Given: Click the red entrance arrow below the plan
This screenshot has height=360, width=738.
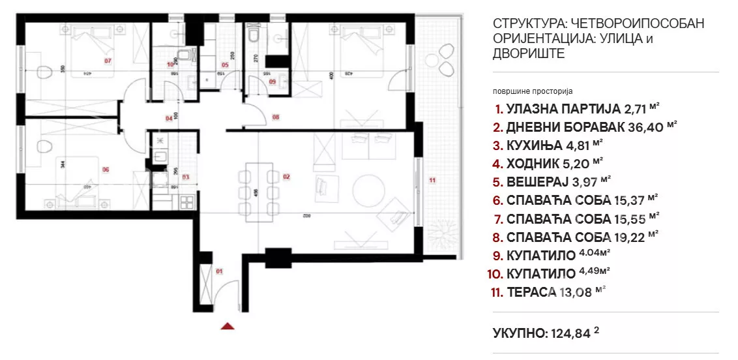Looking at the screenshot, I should (x=228, y=326).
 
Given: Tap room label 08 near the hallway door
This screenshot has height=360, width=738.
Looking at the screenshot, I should (x=276, y=117).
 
